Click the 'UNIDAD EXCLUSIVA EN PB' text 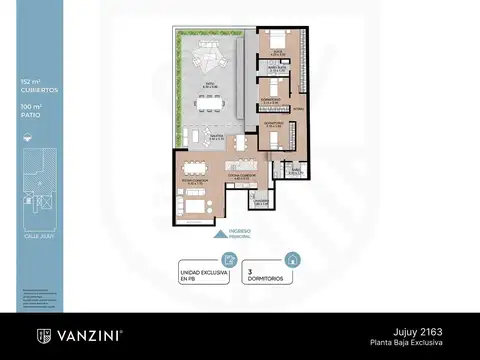click(193, 274)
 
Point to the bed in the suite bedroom click(277, 40)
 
